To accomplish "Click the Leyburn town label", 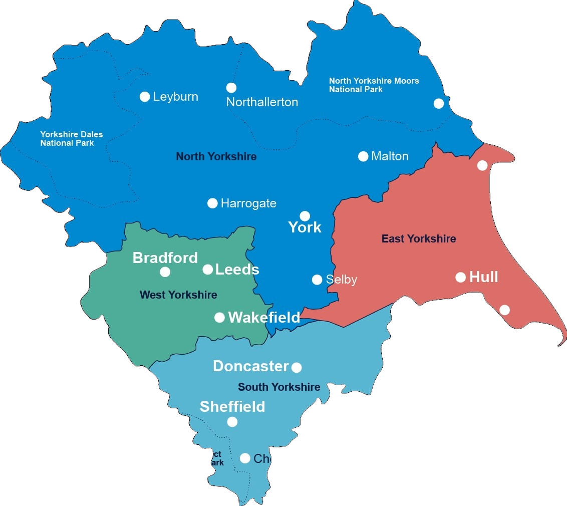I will click(175, 97).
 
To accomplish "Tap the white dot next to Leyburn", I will click(145, 97).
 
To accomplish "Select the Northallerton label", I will click(262, 102).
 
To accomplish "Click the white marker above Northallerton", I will click(231, 88).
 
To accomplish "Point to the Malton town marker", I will click(363, 156).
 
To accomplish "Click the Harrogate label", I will click(248, 203).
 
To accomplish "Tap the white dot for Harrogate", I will click(212, 203).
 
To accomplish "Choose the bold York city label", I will click(305, 227).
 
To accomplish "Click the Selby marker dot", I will click(317, 280).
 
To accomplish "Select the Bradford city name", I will click(165, 258).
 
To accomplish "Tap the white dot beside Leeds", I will click(208, 270).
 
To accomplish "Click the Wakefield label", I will click(264, 317).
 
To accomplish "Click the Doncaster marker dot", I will click(297, 368).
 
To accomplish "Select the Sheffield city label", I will click(232, 407).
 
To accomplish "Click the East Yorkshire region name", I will click(419, 239).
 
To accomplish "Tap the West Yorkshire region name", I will click(178, 295).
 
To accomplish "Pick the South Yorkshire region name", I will click(279, 387).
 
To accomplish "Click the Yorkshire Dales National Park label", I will click(72, 139).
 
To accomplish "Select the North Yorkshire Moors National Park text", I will click(374, 85).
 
